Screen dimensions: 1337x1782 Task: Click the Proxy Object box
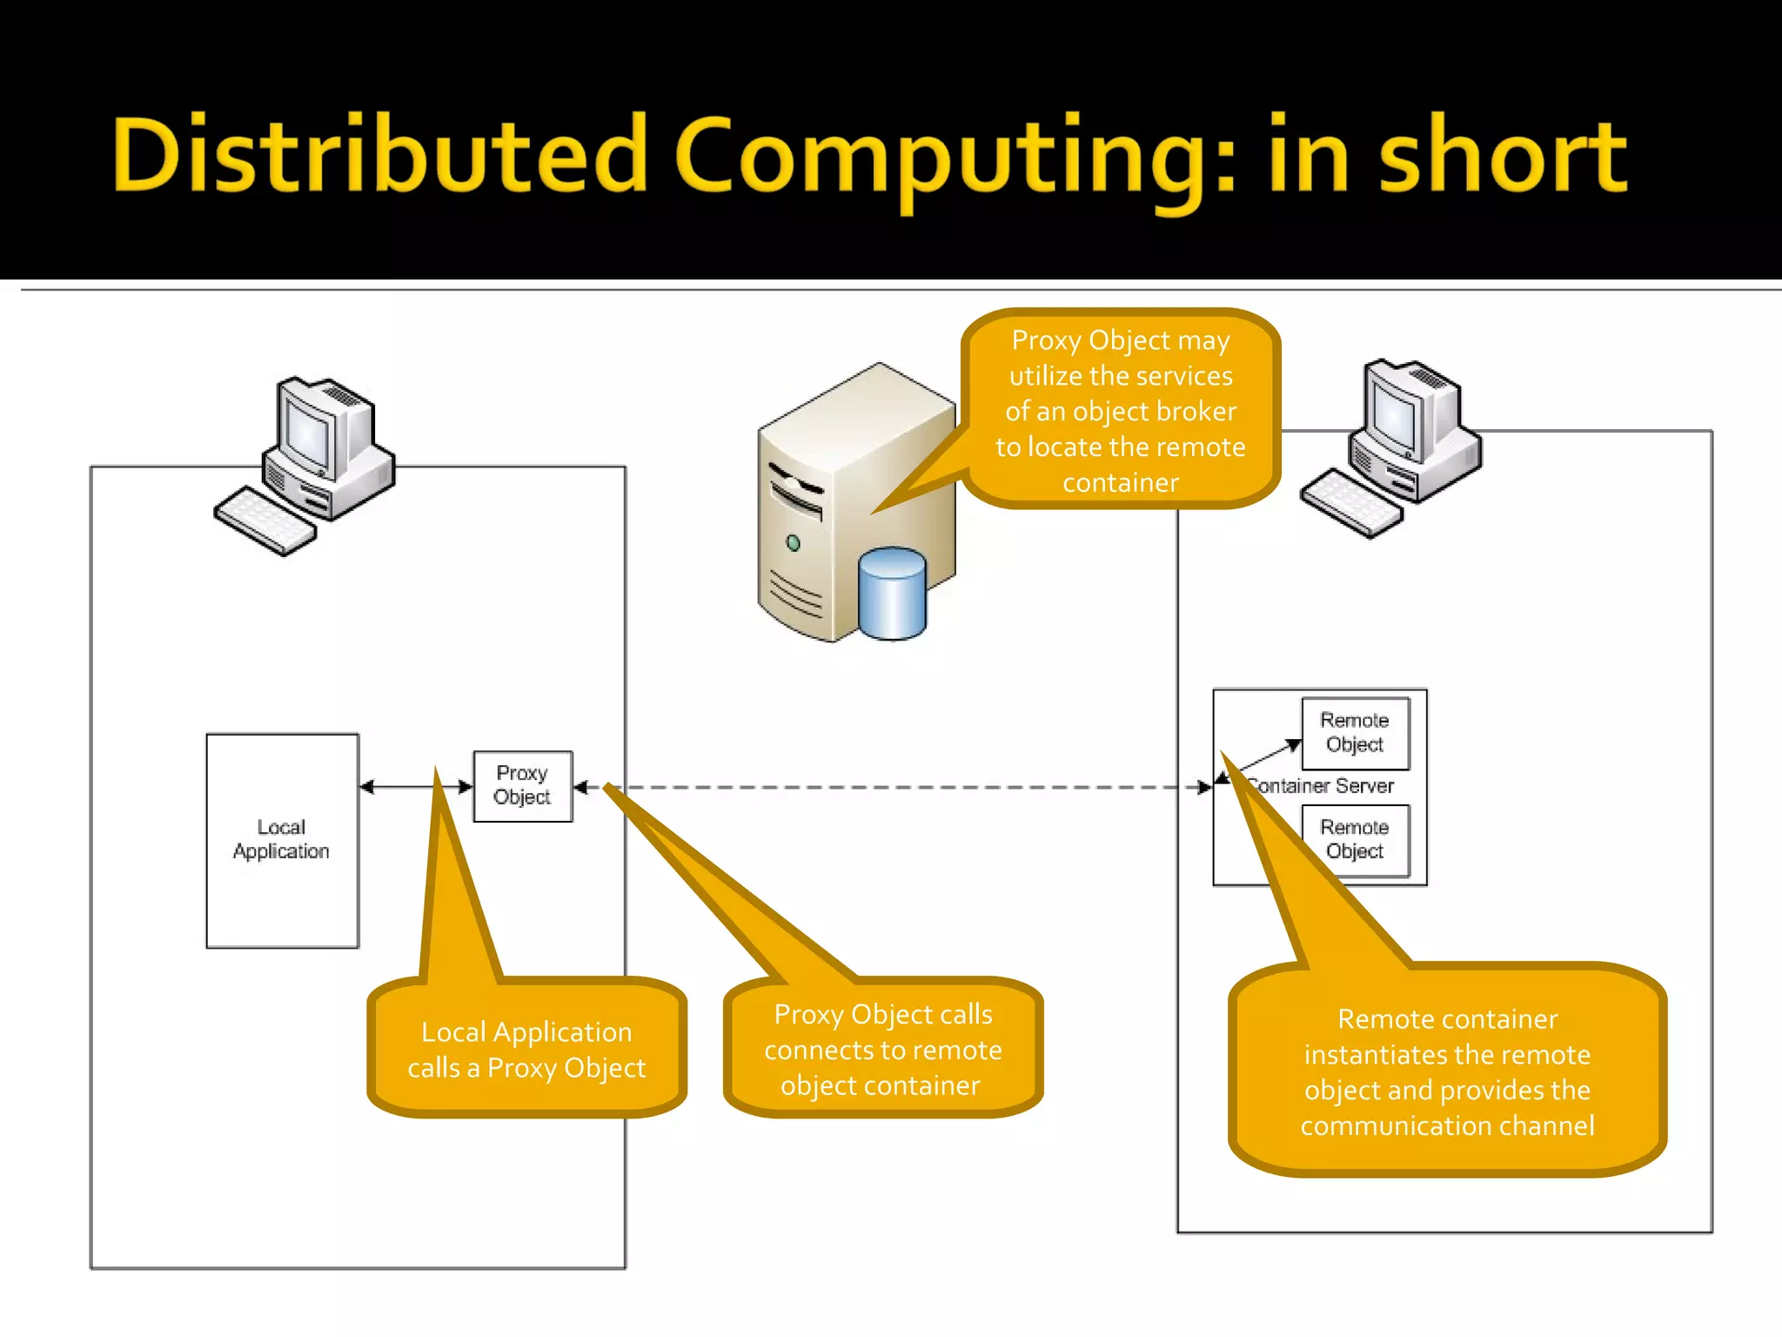point(523,786)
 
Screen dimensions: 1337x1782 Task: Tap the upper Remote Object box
point(1355,733)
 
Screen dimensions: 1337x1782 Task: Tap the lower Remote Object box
point(1355,840)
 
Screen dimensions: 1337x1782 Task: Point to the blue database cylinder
point(892,596)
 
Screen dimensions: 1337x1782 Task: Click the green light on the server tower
point(793,543)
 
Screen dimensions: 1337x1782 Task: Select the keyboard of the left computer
point(265,521)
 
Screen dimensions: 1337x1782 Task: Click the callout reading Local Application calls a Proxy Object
point(526,1049)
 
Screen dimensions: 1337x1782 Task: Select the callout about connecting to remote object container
point(882,1049)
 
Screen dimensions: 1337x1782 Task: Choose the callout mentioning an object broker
point(1121,409)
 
